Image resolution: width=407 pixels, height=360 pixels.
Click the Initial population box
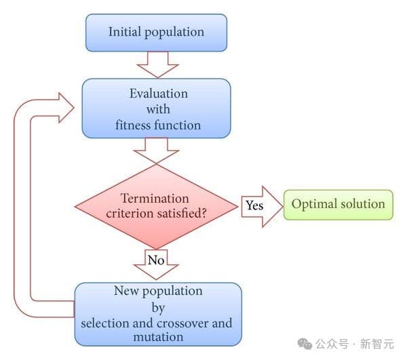coord(156,32)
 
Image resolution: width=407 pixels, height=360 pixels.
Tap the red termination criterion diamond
coord(157,205)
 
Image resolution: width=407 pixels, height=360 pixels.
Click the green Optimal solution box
coord(338,203)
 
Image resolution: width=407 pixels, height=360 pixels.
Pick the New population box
coord(157,313)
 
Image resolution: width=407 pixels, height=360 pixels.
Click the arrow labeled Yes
coord(260,205)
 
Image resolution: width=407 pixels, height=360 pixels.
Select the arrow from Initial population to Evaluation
coord(157,65)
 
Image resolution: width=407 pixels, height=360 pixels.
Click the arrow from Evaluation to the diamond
coord(157,150)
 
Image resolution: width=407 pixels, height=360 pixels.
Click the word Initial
coord(124,32)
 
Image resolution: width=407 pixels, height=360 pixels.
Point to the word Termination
coord(155,198)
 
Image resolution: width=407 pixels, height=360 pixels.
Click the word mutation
coord(157,336)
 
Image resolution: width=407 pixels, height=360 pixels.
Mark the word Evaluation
coord(158,93)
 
